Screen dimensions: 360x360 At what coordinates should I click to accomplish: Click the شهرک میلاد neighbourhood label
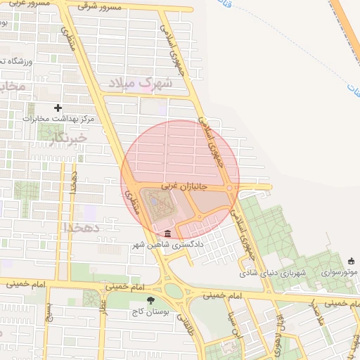coord(146,84)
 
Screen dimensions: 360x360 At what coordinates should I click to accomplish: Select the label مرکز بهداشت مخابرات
coord(58,118)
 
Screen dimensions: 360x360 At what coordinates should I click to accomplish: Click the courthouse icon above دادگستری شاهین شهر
coord(167,233)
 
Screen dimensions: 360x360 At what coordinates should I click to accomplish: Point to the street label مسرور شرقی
coord(101,6)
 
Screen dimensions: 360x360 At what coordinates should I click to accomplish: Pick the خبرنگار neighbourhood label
coord(69,139)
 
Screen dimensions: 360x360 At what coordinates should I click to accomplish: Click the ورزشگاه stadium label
coord(13,62)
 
